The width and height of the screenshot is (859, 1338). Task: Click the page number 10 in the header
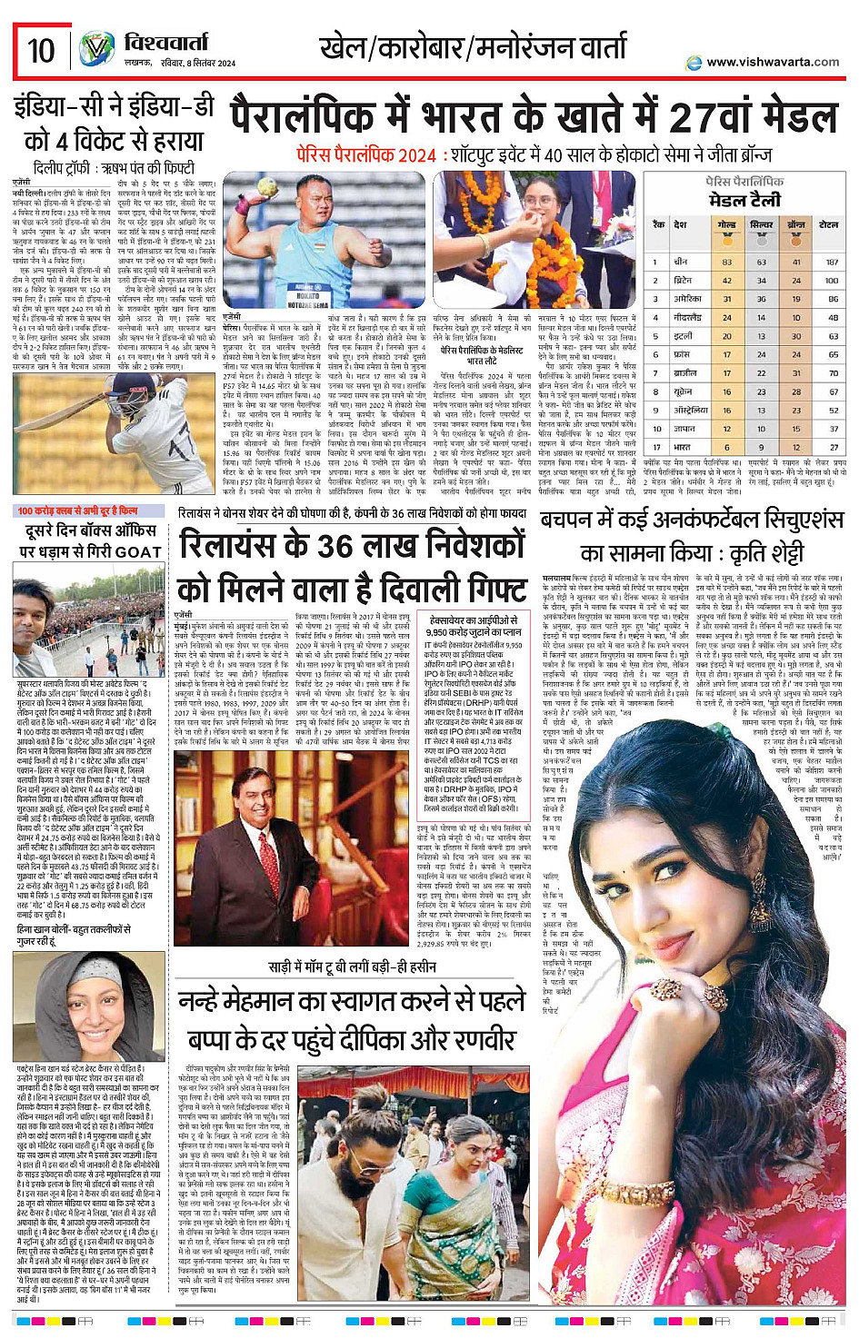tap(41, 50)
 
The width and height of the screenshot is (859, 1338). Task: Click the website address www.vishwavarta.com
tap(772, 62)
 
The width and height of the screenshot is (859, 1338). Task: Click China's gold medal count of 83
tap(727, 262)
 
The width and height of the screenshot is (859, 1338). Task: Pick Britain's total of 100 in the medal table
tap(831, 281)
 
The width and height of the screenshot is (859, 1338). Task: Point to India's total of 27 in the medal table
tap(833, 448)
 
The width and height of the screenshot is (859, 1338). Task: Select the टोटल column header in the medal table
tap(828, 224)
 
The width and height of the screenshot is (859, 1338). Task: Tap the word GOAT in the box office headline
tap(138, 552)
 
